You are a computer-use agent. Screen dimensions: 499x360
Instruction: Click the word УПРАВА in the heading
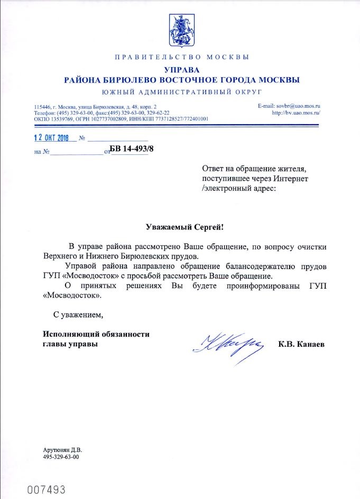point(180,70)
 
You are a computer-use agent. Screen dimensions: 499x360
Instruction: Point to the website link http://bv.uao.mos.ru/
point(297,113)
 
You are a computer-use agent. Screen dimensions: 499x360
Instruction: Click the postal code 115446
point(42,106)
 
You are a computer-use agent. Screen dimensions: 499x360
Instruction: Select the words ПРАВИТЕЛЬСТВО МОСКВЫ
point(180,57)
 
